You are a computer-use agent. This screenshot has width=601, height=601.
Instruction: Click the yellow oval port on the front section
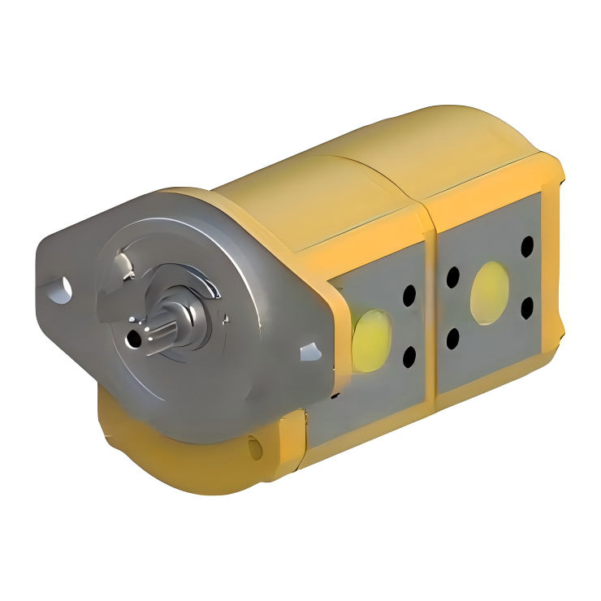[x=372, y=340]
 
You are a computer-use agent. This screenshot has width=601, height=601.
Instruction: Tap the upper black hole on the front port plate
[x=409, y=296]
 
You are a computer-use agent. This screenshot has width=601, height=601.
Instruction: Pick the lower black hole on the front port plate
[x=409, y=355]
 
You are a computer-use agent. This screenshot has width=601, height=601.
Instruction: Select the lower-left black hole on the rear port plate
[x=452, y=337]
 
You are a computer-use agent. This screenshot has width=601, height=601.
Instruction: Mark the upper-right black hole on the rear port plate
[x=528, y=245]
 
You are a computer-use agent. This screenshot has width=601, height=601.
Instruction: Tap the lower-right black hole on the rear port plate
[x=527, y=306]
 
